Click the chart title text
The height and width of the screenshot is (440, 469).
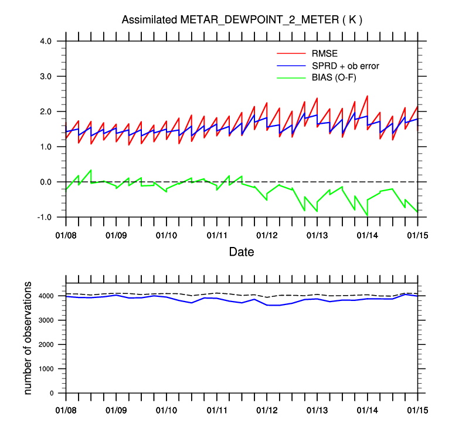[242, 20]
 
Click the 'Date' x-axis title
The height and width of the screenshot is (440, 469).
[241, 252]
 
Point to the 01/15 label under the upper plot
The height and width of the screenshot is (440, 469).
[417, 235]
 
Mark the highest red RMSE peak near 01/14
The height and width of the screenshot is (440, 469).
[367, 96]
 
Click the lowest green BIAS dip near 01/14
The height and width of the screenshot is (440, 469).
[367, 215]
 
